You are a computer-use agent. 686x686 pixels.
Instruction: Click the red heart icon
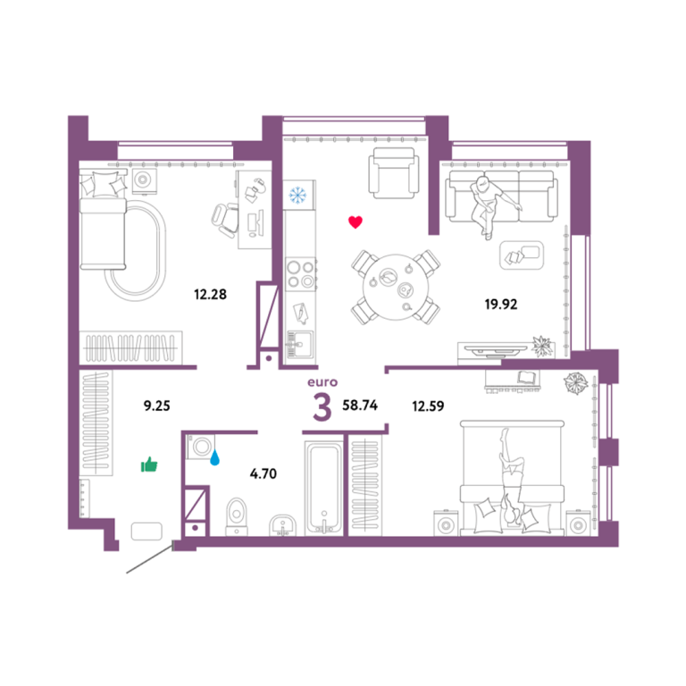(356, 222)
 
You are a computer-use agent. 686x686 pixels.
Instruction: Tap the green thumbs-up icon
(149, 464)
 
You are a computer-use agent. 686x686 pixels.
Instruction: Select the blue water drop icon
(214, 458)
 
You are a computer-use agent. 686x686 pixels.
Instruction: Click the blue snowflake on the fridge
(298, 195)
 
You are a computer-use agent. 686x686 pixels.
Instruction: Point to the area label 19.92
(501, 304)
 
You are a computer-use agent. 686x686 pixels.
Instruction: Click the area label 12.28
(211, 294)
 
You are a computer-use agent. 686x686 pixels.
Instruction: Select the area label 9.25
(156, 406)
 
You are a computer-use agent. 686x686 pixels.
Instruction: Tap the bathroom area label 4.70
(264, 473)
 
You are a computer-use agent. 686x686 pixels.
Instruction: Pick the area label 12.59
(428, 406)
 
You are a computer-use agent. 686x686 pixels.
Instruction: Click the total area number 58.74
(360, 406)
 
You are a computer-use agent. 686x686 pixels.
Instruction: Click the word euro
(322, 382)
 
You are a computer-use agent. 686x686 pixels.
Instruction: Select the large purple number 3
(322, 407)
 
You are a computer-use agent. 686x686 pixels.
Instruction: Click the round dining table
(396, 287)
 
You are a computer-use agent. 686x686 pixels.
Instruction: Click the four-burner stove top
(300, 274)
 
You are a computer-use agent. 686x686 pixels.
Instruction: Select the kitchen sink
(300, 345)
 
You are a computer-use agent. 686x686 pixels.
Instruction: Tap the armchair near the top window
(393, 172)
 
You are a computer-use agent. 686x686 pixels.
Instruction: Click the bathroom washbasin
(282, 525)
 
